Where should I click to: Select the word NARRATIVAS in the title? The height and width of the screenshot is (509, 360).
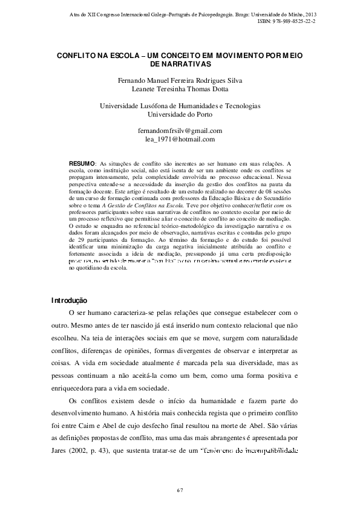click(183, 63)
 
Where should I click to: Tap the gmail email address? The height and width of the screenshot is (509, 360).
click(180, 131)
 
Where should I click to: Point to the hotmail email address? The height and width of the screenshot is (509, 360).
click(180, 139)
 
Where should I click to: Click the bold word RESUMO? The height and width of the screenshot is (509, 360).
click(82, 164)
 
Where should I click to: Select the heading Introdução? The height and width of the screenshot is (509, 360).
click(70, 300)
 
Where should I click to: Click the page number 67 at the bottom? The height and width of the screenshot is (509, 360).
click(180, 488)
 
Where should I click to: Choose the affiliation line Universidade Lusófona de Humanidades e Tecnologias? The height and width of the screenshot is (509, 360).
click(180, 105)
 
